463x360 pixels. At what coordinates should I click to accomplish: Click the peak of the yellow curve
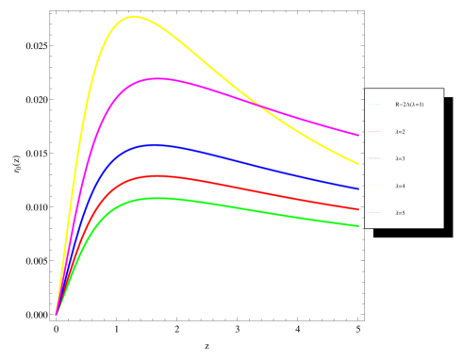tap(133, 16)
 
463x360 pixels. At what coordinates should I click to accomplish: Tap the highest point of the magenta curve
tap(157, 78)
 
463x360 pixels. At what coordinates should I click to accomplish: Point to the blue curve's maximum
tap(153, 144)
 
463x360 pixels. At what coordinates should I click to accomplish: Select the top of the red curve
tap(155, 175)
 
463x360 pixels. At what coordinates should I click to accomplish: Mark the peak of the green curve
tap(156, 198)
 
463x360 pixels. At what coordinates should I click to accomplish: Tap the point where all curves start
tap(56, 314)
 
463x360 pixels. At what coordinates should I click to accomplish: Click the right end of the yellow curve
tap(358, 163)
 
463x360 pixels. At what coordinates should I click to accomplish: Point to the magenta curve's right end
tap(358, 135)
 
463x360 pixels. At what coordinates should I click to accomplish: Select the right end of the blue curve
tap(358, 188)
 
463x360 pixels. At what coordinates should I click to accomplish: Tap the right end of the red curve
tap(358, 209)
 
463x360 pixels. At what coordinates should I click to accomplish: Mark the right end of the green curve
tap(358, 226)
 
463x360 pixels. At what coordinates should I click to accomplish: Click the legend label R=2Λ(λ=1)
tap(409, 105)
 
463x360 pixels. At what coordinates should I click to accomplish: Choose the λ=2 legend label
tap(400, 132)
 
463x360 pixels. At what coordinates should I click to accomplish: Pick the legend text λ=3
tap(400, 158)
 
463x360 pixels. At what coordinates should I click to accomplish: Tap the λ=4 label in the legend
tap(400, 186)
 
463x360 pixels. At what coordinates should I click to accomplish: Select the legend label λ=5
tap(400, 213)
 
